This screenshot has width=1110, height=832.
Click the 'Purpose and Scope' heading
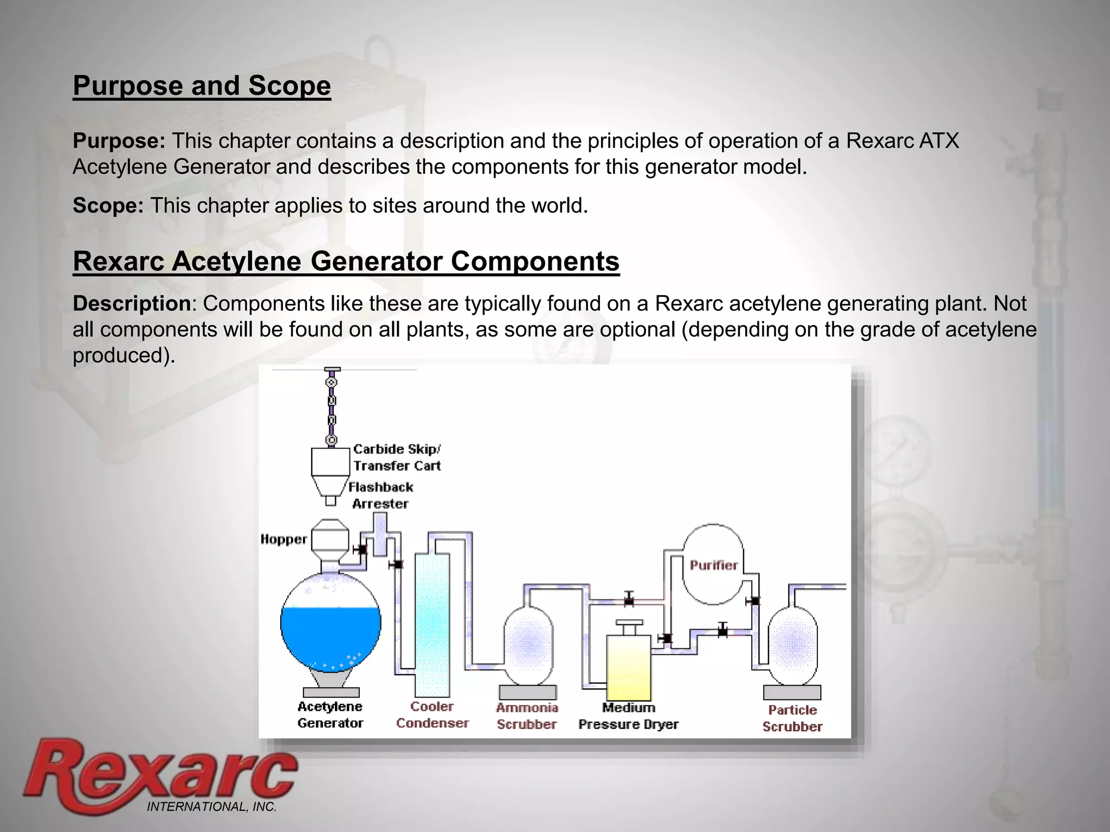pos(202,86)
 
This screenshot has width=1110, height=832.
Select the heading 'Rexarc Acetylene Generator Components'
pos(346,261)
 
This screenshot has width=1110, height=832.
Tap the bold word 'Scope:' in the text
pos(108,206)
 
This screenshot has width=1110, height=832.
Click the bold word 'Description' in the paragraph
pos(131,304)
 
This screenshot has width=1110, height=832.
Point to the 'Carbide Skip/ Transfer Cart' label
pos(397,457)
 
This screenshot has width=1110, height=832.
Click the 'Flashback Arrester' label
pos(380,495)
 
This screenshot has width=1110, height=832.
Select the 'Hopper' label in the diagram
pos(283,539)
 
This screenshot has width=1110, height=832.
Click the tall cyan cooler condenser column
pos(432,623)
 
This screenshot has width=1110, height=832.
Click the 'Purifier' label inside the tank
pos(713,565)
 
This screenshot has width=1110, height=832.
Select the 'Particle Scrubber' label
pos(792,718)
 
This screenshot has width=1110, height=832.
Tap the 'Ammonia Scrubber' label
pos(527,716)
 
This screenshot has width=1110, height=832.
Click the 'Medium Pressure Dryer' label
pos(628,716)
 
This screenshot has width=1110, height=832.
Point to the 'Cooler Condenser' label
pos(432,714)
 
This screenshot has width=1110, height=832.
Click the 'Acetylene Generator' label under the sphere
pos(330,714)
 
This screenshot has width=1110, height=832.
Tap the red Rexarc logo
pos(160,775)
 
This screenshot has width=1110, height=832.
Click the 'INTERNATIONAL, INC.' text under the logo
pos(211,807)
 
